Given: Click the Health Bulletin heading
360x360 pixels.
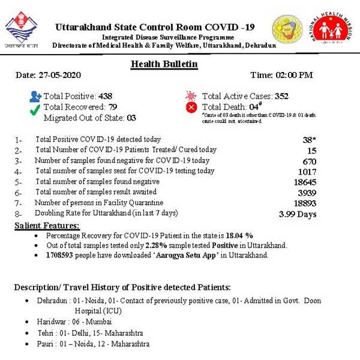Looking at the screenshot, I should [164, 64].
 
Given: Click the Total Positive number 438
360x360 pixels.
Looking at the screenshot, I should [105, 96].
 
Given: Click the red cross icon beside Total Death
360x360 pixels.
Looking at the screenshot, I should [191, 107].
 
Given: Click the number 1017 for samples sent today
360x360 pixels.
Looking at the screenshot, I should [306, 172].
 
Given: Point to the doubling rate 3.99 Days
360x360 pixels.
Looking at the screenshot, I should [298, 214].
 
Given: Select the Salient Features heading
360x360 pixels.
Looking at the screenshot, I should [47, 226].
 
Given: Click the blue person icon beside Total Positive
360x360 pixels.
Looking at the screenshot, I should [35, 96].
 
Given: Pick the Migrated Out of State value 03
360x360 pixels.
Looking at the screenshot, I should [131, 118].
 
